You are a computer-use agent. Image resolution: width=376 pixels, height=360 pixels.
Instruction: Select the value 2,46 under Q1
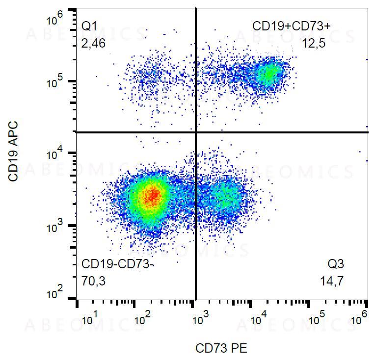click(x=93, y=44)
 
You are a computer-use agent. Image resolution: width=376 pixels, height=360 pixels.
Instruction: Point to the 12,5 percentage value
click(x=314, y=44)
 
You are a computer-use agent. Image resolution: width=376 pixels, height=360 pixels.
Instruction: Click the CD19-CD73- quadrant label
click(x=118, y=264)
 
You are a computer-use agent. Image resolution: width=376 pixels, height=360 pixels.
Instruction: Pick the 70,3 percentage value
click(x=93, y=282)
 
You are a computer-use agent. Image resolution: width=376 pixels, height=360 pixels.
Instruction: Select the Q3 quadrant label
click(x=336, y=264)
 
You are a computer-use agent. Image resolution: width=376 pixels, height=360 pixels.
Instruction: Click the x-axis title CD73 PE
click(x=221, y=349)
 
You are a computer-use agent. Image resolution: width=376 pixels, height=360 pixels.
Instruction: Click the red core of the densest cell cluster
click(x=153, y=195)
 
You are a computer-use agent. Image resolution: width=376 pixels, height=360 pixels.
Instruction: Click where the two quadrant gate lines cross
click(x=196, y=132)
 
